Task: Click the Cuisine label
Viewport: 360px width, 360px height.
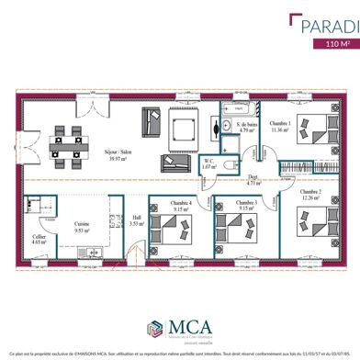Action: [81, 228]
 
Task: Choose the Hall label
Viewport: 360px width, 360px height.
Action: [135, 220]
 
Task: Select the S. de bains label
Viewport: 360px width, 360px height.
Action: [245, 127]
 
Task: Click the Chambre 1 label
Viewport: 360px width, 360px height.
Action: [281, 127]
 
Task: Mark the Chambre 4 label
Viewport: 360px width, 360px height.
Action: [181, 205]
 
